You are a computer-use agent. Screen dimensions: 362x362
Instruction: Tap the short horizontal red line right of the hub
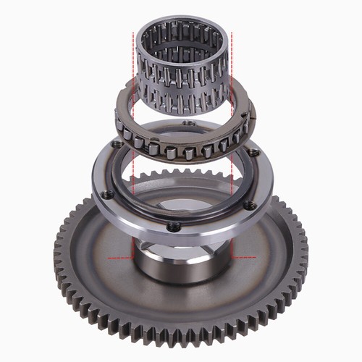245,257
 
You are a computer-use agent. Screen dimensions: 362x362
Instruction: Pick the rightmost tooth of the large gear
303,250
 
